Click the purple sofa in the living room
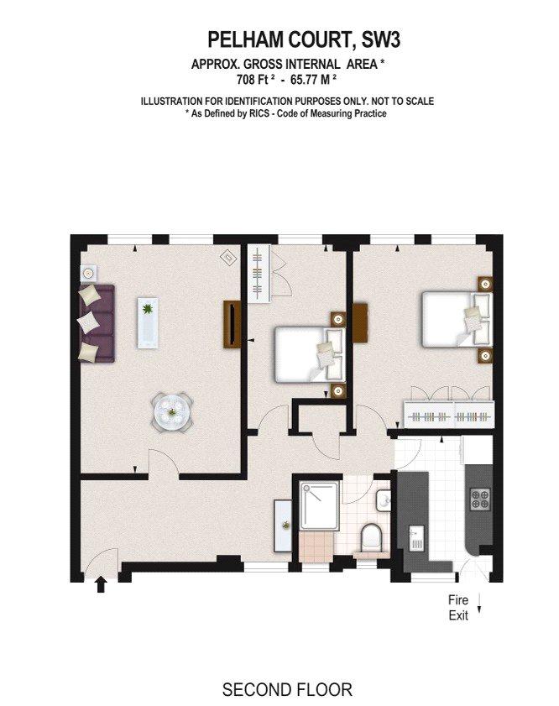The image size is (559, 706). (x=97, y=323)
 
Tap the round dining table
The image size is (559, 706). (x=172, y=412)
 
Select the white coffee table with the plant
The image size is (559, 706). (x=148, y=322)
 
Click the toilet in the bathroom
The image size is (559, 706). (x=371, y=537)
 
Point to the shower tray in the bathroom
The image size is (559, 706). (x=320, y=505)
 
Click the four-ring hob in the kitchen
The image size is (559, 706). (x=480, y=499)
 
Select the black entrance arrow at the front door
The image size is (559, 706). (x=101, y=584)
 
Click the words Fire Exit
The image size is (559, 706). (x=458, y=608)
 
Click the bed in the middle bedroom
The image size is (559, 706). (x=310, y=355)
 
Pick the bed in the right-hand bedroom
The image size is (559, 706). (x=457, y=319)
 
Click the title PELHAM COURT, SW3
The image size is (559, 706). (x=304, y=40)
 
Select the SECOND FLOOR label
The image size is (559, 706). (x=287, y=690)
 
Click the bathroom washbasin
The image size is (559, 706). (x=384, y=500)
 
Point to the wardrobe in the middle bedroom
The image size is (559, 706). (x=260, y=274)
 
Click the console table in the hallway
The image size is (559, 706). (x=284, y=526)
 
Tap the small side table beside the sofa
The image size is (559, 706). (x=88, y=273)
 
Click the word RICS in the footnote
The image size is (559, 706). (x=260, y=113)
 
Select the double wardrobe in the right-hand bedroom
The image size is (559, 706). (x=449, y=414)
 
